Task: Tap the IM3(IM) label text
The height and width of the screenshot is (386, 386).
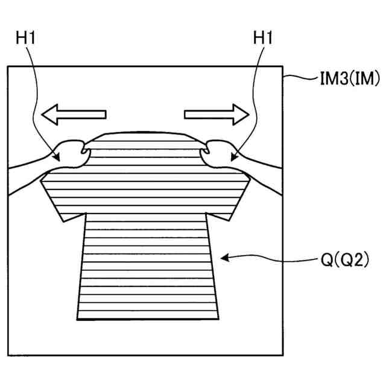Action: (x=343, y=78)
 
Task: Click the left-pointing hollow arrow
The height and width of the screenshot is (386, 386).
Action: (x=73, y=114)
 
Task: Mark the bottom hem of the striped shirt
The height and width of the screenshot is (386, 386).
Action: (x=148, y=318)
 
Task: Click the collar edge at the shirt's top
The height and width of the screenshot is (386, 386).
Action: (x=145, y=132)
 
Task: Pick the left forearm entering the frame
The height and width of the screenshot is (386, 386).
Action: (x=27, y=175)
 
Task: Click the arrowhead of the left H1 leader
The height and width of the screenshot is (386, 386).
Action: (x=59, y=158)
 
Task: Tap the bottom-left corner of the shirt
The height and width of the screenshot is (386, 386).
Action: (x=77, y=318)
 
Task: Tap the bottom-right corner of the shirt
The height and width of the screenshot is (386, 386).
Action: (x=219, y=318)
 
